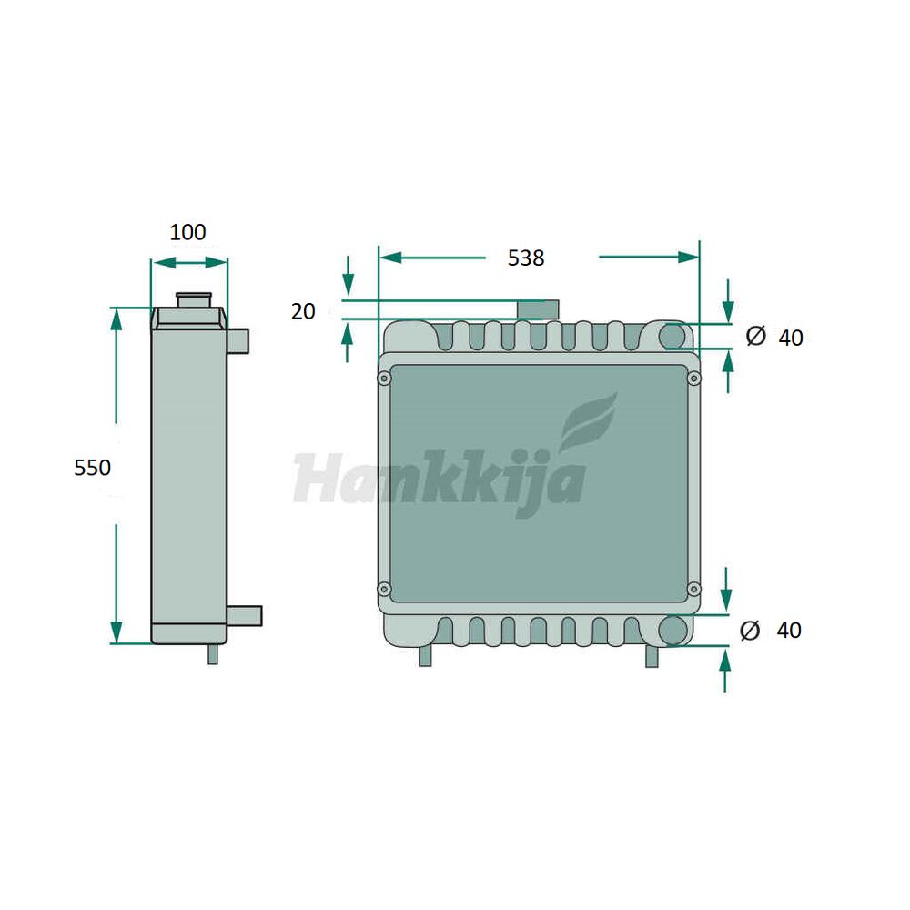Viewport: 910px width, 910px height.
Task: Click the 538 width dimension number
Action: point(526,258)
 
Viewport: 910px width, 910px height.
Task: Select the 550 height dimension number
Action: point(92,467)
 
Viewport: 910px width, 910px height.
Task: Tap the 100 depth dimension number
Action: point(187,232)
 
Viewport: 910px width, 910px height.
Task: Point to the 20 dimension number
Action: point(303,311)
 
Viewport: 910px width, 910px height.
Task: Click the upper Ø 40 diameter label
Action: point(774,337)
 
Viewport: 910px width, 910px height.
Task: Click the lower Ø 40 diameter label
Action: point(771,630)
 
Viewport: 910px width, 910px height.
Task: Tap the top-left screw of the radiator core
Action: point(384,379)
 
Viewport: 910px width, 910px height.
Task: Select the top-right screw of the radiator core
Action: point(693,379)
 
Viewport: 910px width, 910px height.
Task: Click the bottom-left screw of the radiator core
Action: point(384,590)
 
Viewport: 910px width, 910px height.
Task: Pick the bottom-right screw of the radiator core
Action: point(693,590)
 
